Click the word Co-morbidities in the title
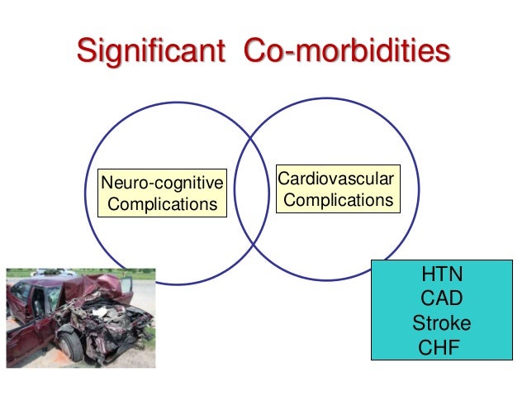coord(347,50)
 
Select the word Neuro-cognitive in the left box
coord(162,182)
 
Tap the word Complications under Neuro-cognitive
coord(162,203)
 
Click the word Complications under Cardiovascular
coord(339,200)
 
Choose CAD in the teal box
coord(442,298)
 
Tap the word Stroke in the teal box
coord(442,322)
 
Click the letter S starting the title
coord(86,50)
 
